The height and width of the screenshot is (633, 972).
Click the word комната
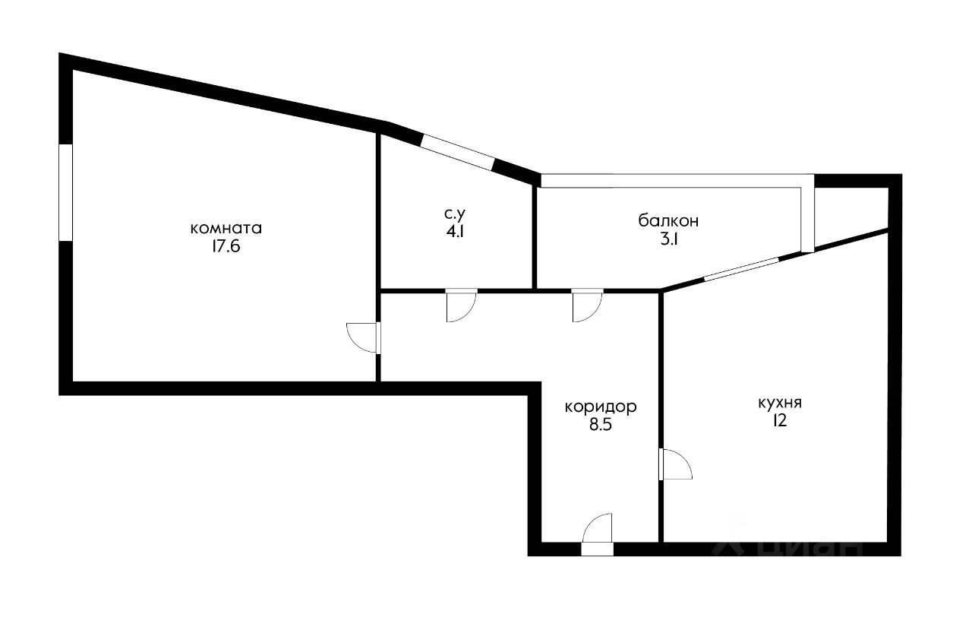coord(226,229)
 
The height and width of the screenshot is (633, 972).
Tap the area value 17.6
coord(226,247)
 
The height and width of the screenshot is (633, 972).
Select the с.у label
coord(455,214)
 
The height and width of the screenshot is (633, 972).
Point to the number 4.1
coord(455,232)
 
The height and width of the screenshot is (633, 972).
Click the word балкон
coord(668,221)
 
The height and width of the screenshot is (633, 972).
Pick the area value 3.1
coord(669,239)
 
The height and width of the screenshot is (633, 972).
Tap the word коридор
coord(601,407)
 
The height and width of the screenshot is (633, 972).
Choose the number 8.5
coord(601,425)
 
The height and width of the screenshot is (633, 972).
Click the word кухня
coord(780,404)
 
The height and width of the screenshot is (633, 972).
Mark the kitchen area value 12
coord(780,421)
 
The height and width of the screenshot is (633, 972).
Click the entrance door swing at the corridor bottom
coord(597,528)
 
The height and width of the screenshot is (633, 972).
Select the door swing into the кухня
coord(676,464)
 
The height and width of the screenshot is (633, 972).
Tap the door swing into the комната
coord(363,337)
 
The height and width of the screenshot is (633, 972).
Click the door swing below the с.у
coord(462,306)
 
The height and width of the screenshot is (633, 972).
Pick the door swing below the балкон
coord(588,306)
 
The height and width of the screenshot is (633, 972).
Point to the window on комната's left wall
coord(65,192)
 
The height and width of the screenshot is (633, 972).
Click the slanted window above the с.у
coord(458,153)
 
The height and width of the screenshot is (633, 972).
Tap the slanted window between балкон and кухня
coord(742,269)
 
